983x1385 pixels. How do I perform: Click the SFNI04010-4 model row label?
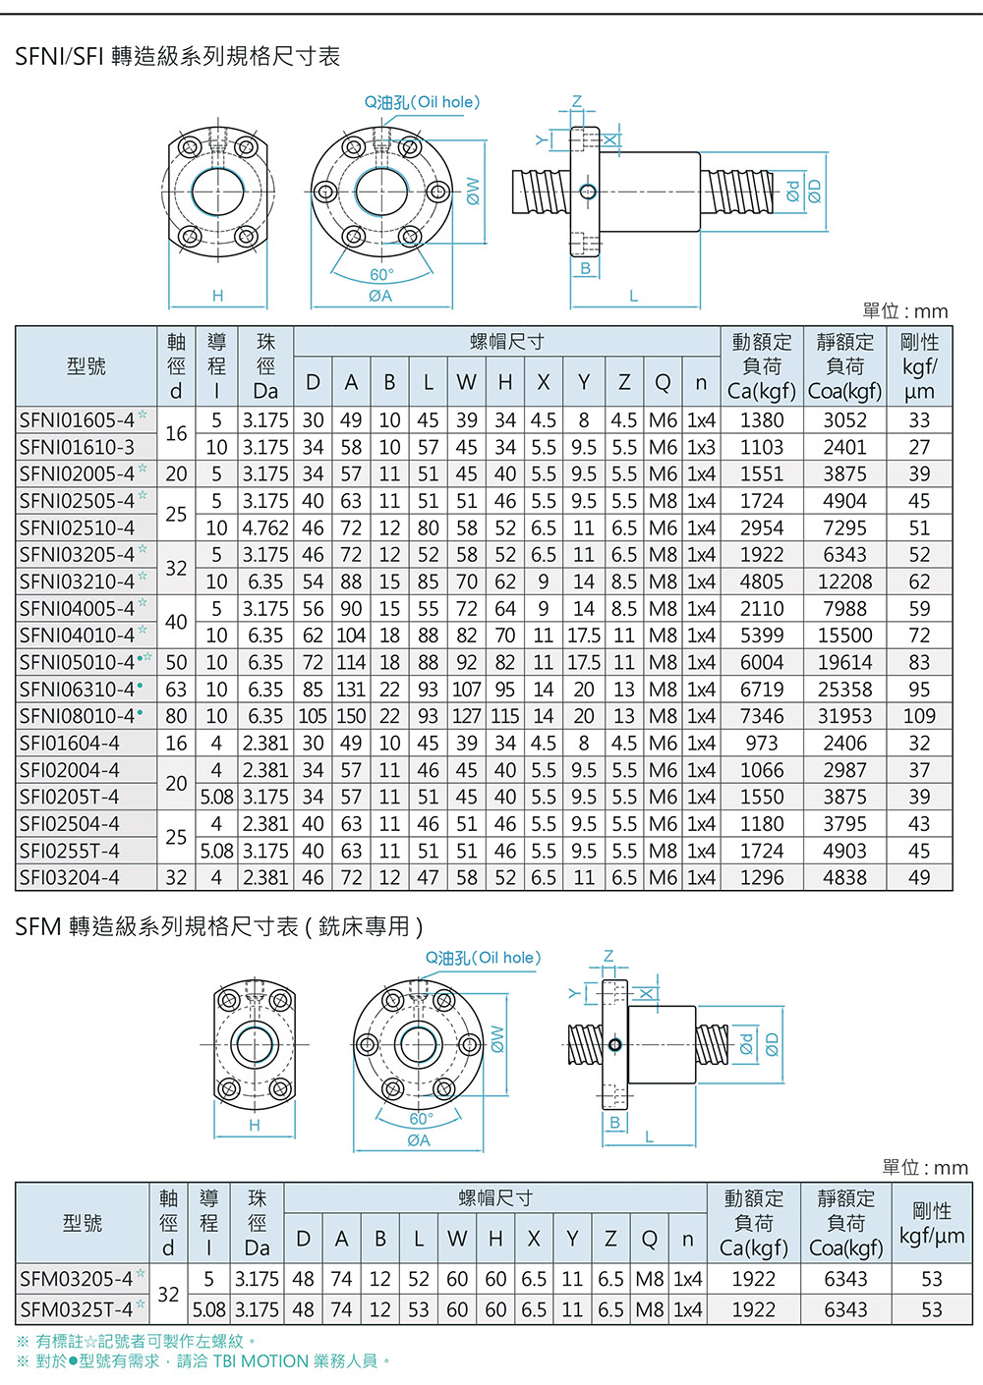(77, 636)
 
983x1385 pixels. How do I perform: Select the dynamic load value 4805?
(762, 582)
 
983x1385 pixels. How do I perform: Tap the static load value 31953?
(844, 716)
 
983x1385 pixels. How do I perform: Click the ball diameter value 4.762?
(265, 528)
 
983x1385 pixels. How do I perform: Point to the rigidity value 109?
(919, 716)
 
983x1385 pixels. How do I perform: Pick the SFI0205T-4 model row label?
(69, 797)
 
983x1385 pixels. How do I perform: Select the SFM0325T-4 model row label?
(76, 1309)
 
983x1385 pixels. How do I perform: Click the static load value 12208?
(844, 582)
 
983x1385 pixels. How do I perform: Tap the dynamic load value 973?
(762, 744)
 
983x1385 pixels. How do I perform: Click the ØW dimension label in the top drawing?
(473, 192)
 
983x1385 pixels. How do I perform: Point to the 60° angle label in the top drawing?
(381, 274)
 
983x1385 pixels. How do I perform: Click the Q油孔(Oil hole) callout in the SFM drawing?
(483, 958)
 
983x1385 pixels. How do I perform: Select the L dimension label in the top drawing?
(633, 296)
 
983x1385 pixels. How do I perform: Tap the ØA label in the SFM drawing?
(418, 1140)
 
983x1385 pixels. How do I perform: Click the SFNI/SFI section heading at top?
(178, 56)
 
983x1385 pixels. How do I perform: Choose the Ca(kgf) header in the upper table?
(762, 391)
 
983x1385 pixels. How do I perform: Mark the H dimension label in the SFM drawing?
(255, 1126)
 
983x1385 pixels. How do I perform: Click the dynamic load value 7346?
(762, 716)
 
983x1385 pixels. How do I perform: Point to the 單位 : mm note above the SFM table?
(925, 1168)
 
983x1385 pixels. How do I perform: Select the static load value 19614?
(844, 662)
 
